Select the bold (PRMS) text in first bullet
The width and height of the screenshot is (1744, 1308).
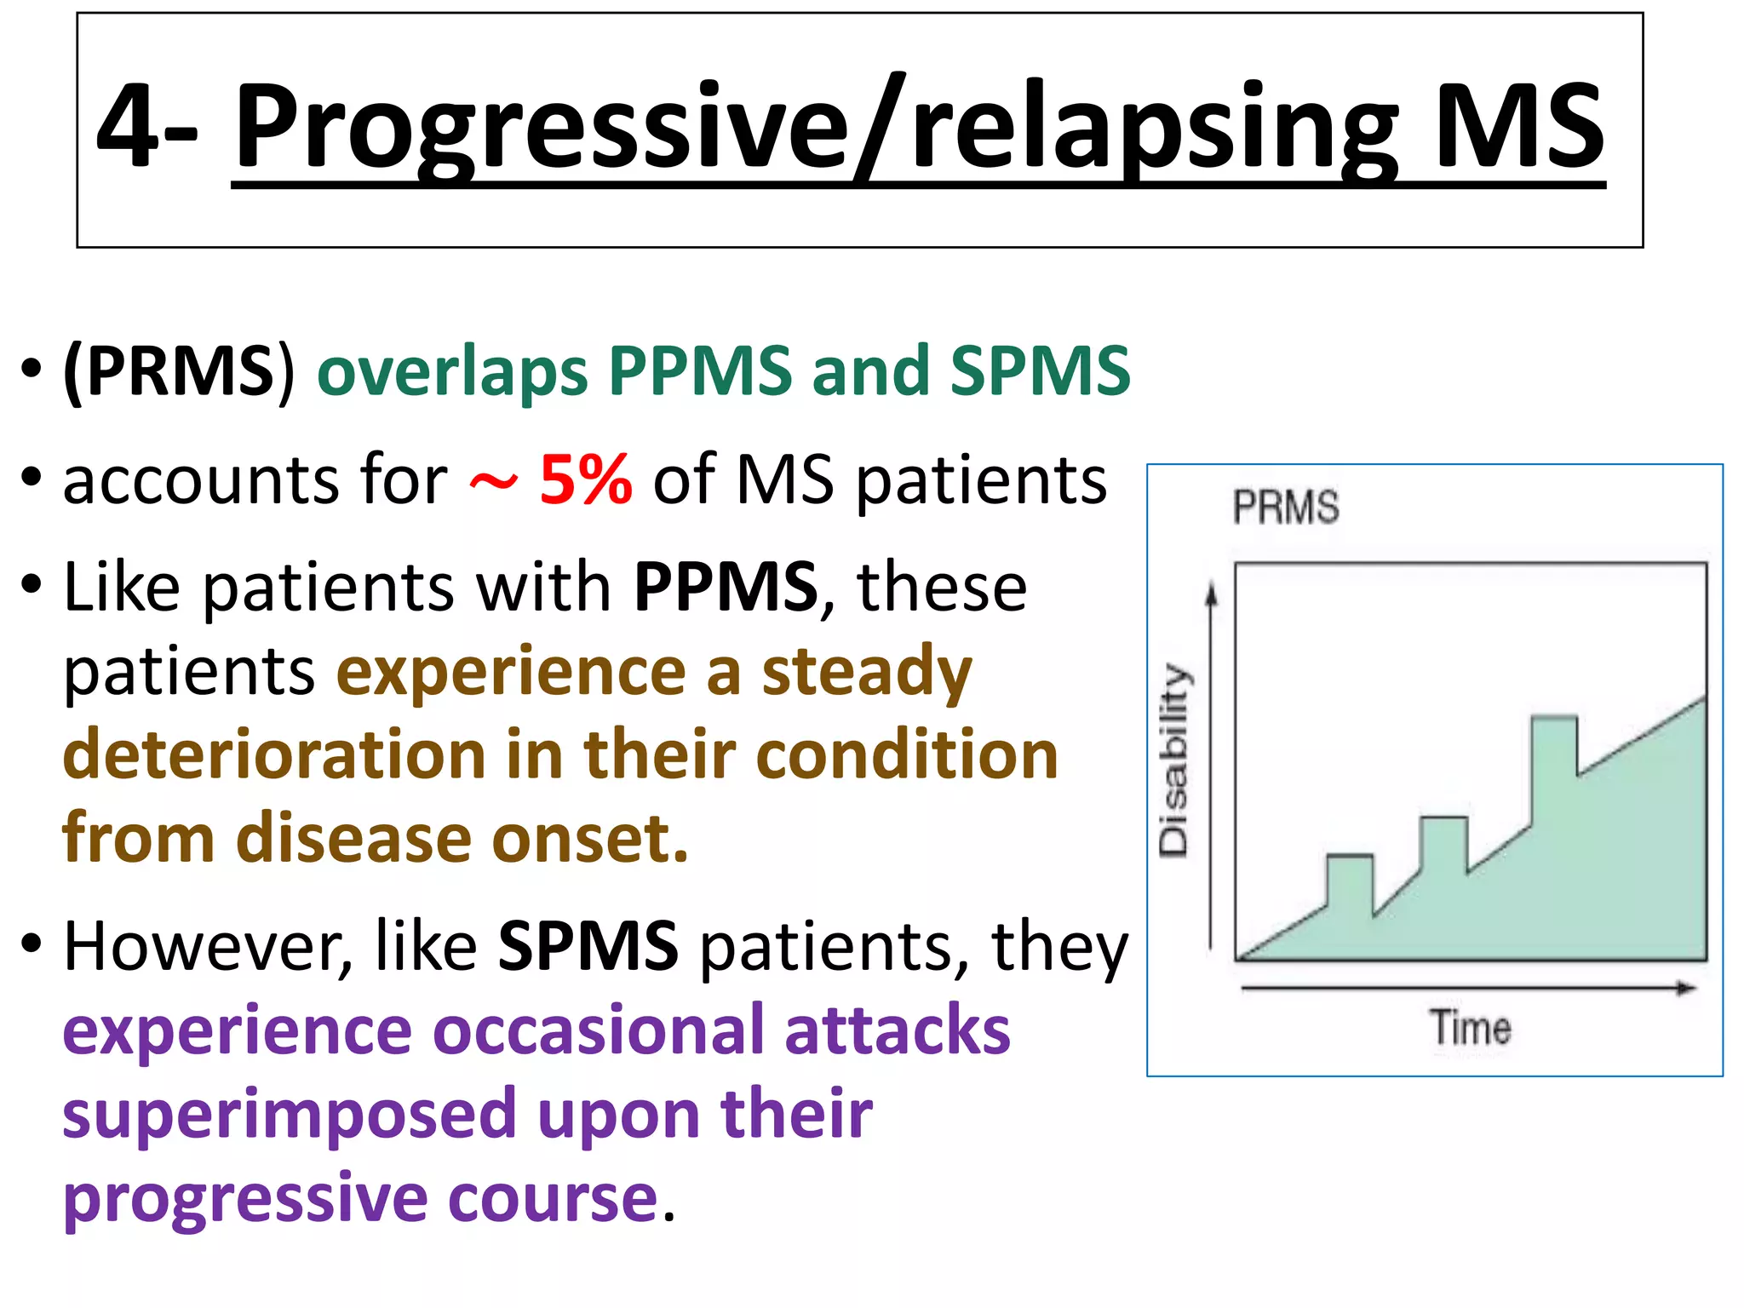tap(179, 371)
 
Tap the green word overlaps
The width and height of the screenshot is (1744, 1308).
tap(452, 371)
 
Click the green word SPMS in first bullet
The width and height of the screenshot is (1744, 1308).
tap(1040, 371)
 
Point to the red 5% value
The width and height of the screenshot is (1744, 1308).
tap(586, 479)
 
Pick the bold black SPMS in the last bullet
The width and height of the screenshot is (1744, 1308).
tap(588, 946)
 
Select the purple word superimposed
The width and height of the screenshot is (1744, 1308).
tap(290, 1115)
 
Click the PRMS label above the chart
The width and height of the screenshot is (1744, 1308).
tap(1286, 507)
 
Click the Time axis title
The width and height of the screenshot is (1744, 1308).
tap(1470, 1028)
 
